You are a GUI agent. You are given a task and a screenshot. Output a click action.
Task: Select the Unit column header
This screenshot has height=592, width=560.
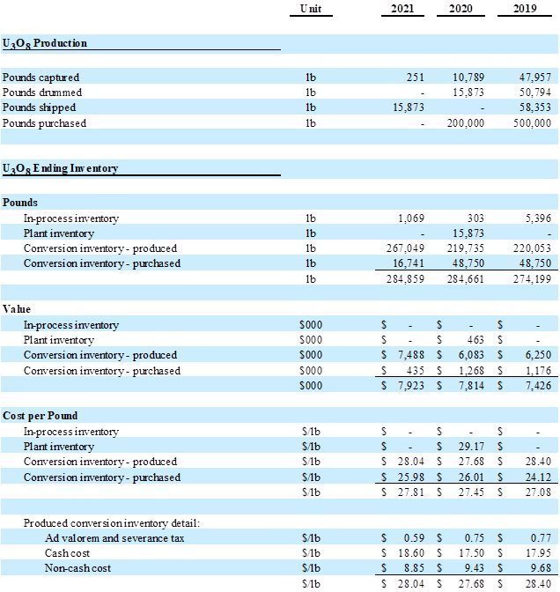tap(310, 9)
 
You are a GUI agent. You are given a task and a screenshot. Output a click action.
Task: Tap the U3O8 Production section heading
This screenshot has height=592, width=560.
tap(45, 43)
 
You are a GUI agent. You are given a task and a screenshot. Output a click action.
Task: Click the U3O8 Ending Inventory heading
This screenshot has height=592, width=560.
tap(60, 168)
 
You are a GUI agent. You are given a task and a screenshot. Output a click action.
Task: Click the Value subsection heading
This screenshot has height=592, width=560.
tap(17, 309)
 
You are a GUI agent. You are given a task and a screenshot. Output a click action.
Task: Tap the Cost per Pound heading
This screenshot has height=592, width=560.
tap(40, 416)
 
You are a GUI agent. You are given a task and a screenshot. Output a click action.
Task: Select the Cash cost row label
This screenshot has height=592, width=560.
tap(68, 553)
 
